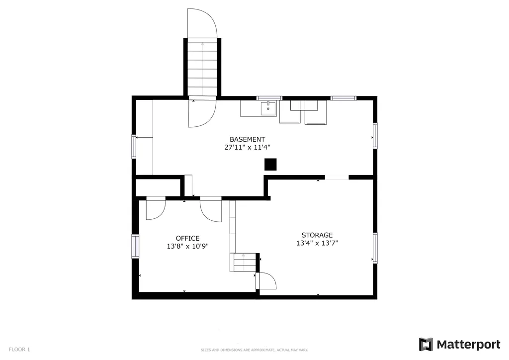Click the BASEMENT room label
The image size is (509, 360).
(x=248, y=139)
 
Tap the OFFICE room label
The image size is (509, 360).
(x=187, y=238)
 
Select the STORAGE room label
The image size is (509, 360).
(x=317, y=235)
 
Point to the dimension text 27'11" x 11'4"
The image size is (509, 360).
(x=248, y=147)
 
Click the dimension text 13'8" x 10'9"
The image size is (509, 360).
(x=187, y=247)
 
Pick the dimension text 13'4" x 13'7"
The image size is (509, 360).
(x=317, y=243)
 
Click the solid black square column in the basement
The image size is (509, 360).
(x=270, y=164)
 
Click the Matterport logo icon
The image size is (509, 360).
(x=426, y=345)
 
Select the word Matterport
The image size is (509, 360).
(x=468, y=345)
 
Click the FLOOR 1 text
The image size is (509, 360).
(x=19, y=350)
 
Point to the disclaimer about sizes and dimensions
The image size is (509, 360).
(x=254, y=350)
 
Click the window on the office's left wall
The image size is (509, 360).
(x=135, y=246)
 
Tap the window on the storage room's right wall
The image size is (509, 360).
(x=375, y=248)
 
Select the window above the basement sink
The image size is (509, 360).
(x=269, y=98)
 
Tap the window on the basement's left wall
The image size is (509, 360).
(x=133, y=146)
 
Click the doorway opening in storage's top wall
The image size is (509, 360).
(x=337, y=178)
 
